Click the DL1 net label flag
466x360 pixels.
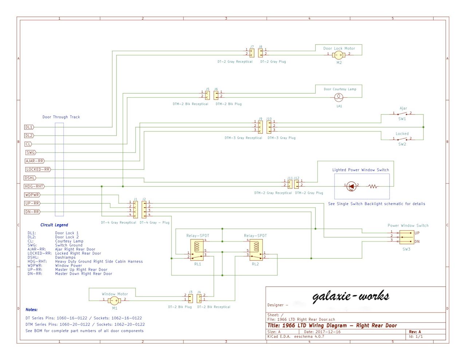(x=29, y=127)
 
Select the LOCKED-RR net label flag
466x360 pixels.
(x=38, y=169)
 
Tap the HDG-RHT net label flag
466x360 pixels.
(x=34, y=187)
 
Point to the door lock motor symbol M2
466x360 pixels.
(x=339, y=55)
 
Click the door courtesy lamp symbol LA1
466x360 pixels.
(x=339, y=97)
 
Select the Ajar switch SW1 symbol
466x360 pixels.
(x=402, y=114)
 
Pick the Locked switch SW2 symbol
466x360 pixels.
(x=402, y=139)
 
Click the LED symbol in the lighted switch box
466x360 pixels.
(x=351, y=186)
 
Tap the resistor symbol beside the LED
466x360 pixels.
(x=372, y=187)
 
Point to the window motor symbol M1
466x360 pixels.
(x=114, y=300)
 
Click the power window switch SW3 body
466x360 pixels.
(x=406, y=237)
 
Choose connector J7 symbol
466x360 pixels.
(x=252, y=52)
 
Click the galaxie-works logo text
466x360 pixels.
(x=351, y=297)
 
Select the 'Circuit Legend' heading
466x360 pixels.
(x=54, y=225)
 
